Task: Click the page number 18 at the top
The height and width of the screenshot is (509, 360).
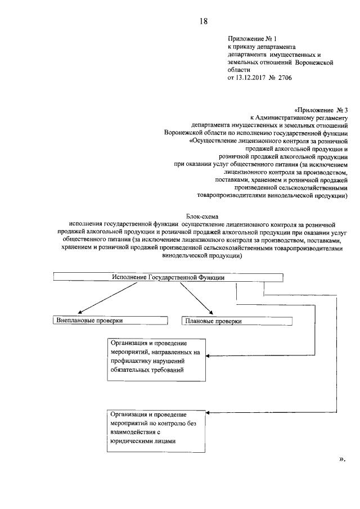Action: coord(203,21)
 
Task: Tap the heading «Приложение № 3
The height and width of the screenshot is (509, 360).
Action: coord(321,110)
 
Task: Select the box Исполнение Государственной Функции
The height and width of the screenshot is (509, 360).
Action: coord(168,277)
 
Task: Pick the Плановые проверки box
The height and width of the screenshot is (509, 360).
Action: coord(237,321)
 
